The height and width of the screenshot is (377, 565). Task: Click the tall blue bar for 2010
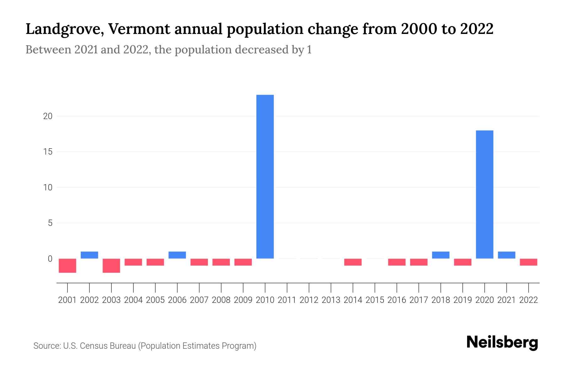[x=265, y=177]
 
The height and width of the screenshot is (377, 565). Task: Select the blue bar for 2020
[x=484, y=194]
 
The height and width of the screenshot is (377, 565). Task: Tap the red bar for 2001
[x=67, y=265]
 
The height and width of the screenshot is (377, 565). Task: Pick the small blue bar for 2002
[x=89, y=255]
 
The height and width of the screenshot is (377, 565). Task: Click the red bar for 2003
[x=111, y=265]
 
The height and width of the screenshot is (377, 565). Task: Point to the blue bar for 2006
[x=177, y=255]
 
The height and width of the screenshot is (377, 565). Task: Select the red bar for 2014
[x=353, y=262]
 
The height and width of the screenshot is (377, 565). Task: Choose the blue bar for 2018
[x=441, y=255]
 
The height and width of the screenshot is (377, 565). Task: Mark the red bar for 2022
[x=528, y=262]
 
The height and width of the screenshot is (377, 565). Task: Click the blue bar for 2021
[x=506, y=255]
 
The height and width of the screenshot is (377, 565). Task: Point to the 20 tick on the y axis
[x=47, y=116]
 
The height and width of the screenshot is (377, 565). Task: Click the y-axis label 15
[x=47, y=152]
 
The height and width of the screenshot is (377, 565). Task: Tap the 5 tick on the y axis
[x=50, y=223]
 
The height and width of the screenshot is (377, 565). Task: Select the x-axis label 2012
[x=309, y=300]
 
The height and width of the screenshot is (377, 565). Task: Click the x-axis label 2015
[x=375, y=300]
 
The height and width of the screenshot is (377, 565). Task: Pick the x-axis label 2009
[x=243, y=300]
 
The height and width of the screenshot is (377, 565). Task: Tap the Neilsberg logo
[x=502, y=342]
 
